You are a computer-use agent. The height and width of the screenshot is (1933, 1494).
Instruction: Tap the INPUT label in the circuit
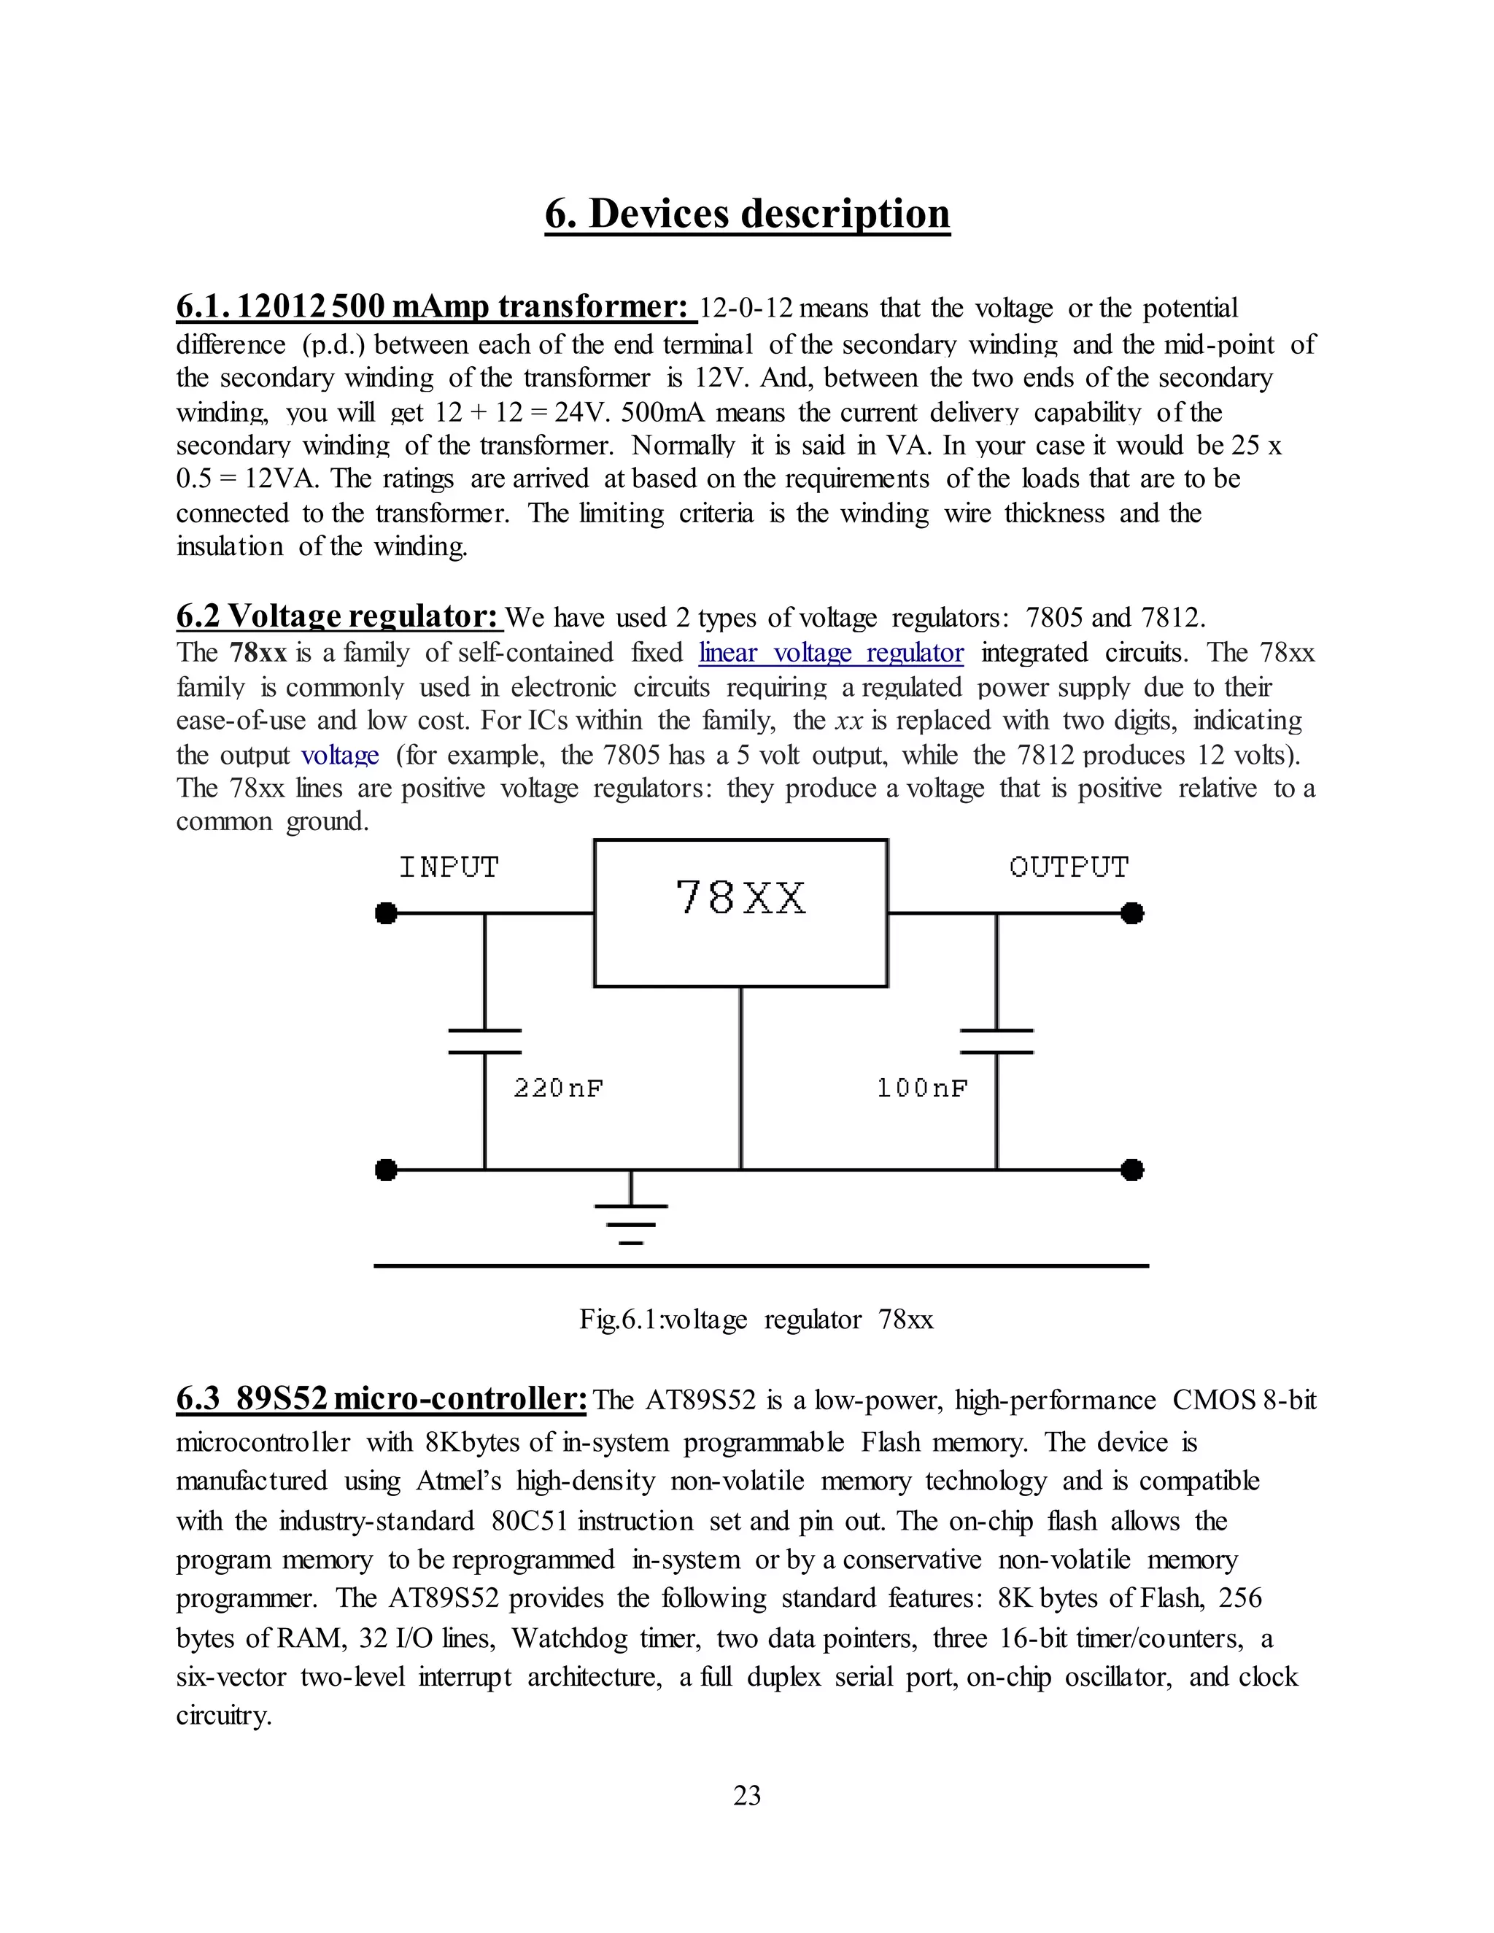click(449, 867)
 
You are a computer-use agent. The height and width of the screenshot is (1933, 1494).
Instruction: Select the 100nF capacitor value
click(921, 1088)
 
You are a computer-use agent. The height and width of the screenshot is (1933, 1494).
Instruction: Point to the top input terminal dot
click(386, 913)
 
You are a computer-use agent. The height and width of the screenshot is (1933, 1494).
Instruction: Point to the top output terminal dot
click(1132, 913)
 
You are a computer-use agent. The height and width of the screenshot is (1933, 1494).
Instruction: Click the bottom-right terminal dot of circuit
click(1132, 1170)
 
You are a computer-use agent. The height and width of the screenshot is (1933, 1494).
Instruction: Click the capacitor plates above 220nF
click(484, 1041)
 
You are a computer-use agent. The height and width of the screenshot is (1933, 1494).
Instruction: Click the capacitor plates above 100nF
click(996, 1041)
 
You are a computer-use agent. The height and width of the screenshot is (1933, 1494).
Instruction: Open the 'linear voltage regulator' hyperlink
click(830, 653)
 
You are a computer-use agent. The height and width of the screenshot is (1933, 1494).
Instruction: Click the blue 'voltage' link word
click(340, 755)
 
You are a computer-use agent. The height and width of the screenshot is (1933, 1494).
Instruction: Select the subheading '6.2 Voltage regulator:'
click(339, 616)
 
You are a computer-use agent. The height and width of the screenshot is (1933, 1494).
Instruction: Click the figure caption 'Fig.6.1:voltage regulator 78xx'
click(756, 1320)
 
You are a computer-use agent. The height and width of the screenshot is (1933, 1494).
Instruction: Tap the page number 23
click(747, 1795)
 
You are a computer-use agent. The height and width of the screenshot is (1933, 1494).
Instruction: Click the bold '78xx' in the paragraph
click(258, 653)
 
